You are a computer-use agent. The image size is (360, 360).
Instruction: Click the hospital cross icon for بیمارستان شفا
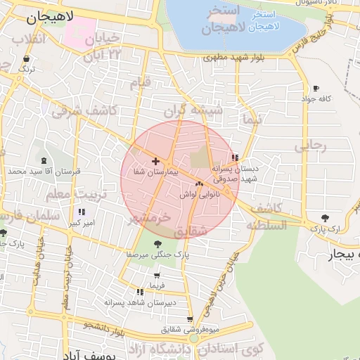click(x=155, y=161)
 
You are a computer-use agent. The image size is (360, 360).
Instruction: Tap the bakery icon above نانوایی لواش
click(x=198, y=184)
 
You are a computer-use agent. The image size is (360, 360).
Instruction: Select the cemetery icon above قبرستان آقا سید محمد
click(x=44, y=161)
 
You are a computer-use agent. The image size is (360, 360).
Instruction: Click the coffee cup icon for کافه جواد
click(x=316, y=89)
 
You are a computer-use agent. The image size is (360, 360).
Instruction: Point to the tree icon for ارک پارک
click(x=324, y=218)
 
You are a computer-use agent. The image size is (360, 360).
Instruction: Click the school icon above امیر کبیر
click(x=82, y=212)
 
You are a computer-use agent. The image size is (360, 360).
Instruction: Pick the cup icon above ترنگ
click(x=26, y=59)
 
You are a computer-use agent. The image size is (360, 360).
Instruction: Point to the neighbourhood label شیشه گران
click(x=193, y=111)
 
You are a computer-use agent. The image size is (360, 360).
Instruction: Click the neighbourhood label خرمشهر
click(x=150, y=219)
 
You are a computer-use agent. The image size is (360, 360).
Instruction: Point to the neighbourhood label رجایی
click(x=310, y=146)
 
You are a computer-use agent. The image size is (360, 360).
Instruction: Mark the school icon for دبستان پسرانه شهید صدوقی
click(x=235, y=158)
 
